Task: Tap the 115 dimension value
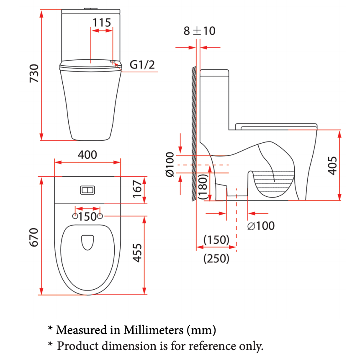(x=102, y=23)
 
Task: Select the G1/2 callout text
(x=142, y=65)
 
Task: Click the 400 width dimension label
(x=87, y=155)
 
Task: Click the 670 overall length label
(x=34, y=237)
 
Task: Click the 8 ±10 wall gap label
(x=199, y=31)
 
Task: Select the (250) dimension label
(x=216, y=259)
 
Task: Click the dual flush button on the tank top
(x=88, y=191)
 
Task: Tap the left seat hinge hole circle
(x=75, y=216)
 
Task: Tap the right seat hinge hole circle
(x=100, y=216)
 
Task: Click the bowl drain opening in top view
(x=87, y=242)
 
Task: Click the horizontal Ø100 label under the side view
(x=261, y=226)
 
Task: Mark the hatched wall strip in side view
(x=193, y=134)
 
